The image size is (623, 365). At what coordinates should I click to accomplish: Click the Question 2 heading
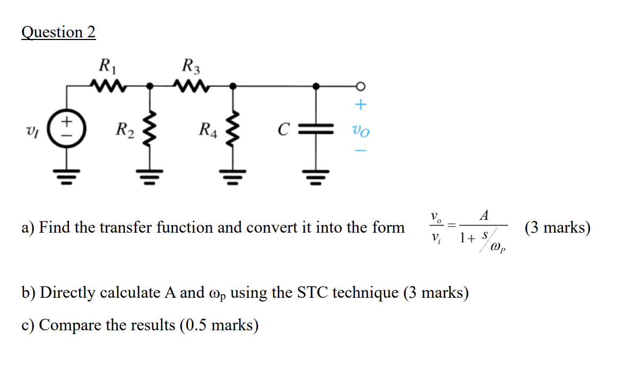(x=58, y=33)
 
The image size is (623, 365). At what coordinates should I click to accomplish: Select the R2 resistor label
(x=126, y=129)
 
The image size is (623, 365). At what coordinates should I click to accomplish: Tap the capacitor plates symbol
(x=316, y=129)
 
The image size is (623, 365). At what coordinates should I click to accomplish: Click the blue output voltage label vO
(x=360, y=129)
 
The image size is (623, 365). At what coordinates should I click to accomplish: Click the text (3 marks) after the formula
(x=557, y=228)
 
